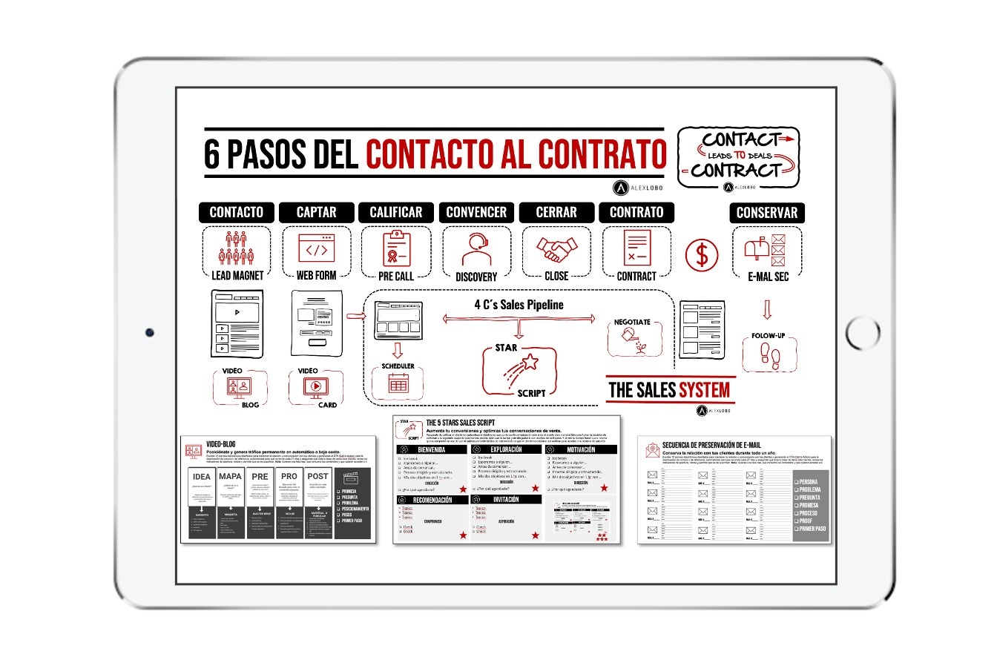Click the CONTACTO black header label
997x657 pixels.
click(236, 212)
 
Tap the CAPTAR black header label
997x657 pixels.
click(317, 212)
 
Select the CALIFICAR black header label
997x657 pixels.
click(396, 212)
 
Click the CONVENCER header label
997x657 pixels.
click(476, 212)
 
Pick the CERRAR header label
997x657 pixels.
click(556, 212)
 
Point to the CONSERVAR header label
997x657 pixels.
click(766, 213)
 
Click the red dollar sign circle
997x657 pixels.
click(701, 255)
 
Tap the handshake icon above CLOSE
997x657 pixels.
click(556, 248)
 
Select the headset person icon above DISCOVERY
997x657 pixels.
click(476, 249)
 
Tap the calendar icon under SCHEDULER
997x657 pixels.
click(398, 383)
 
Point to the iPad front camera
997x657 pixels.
click(150, 331)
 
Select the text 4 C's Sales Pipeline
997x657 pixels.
click(519, 304)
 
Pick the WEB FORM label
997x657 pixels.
click(317, 275)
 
